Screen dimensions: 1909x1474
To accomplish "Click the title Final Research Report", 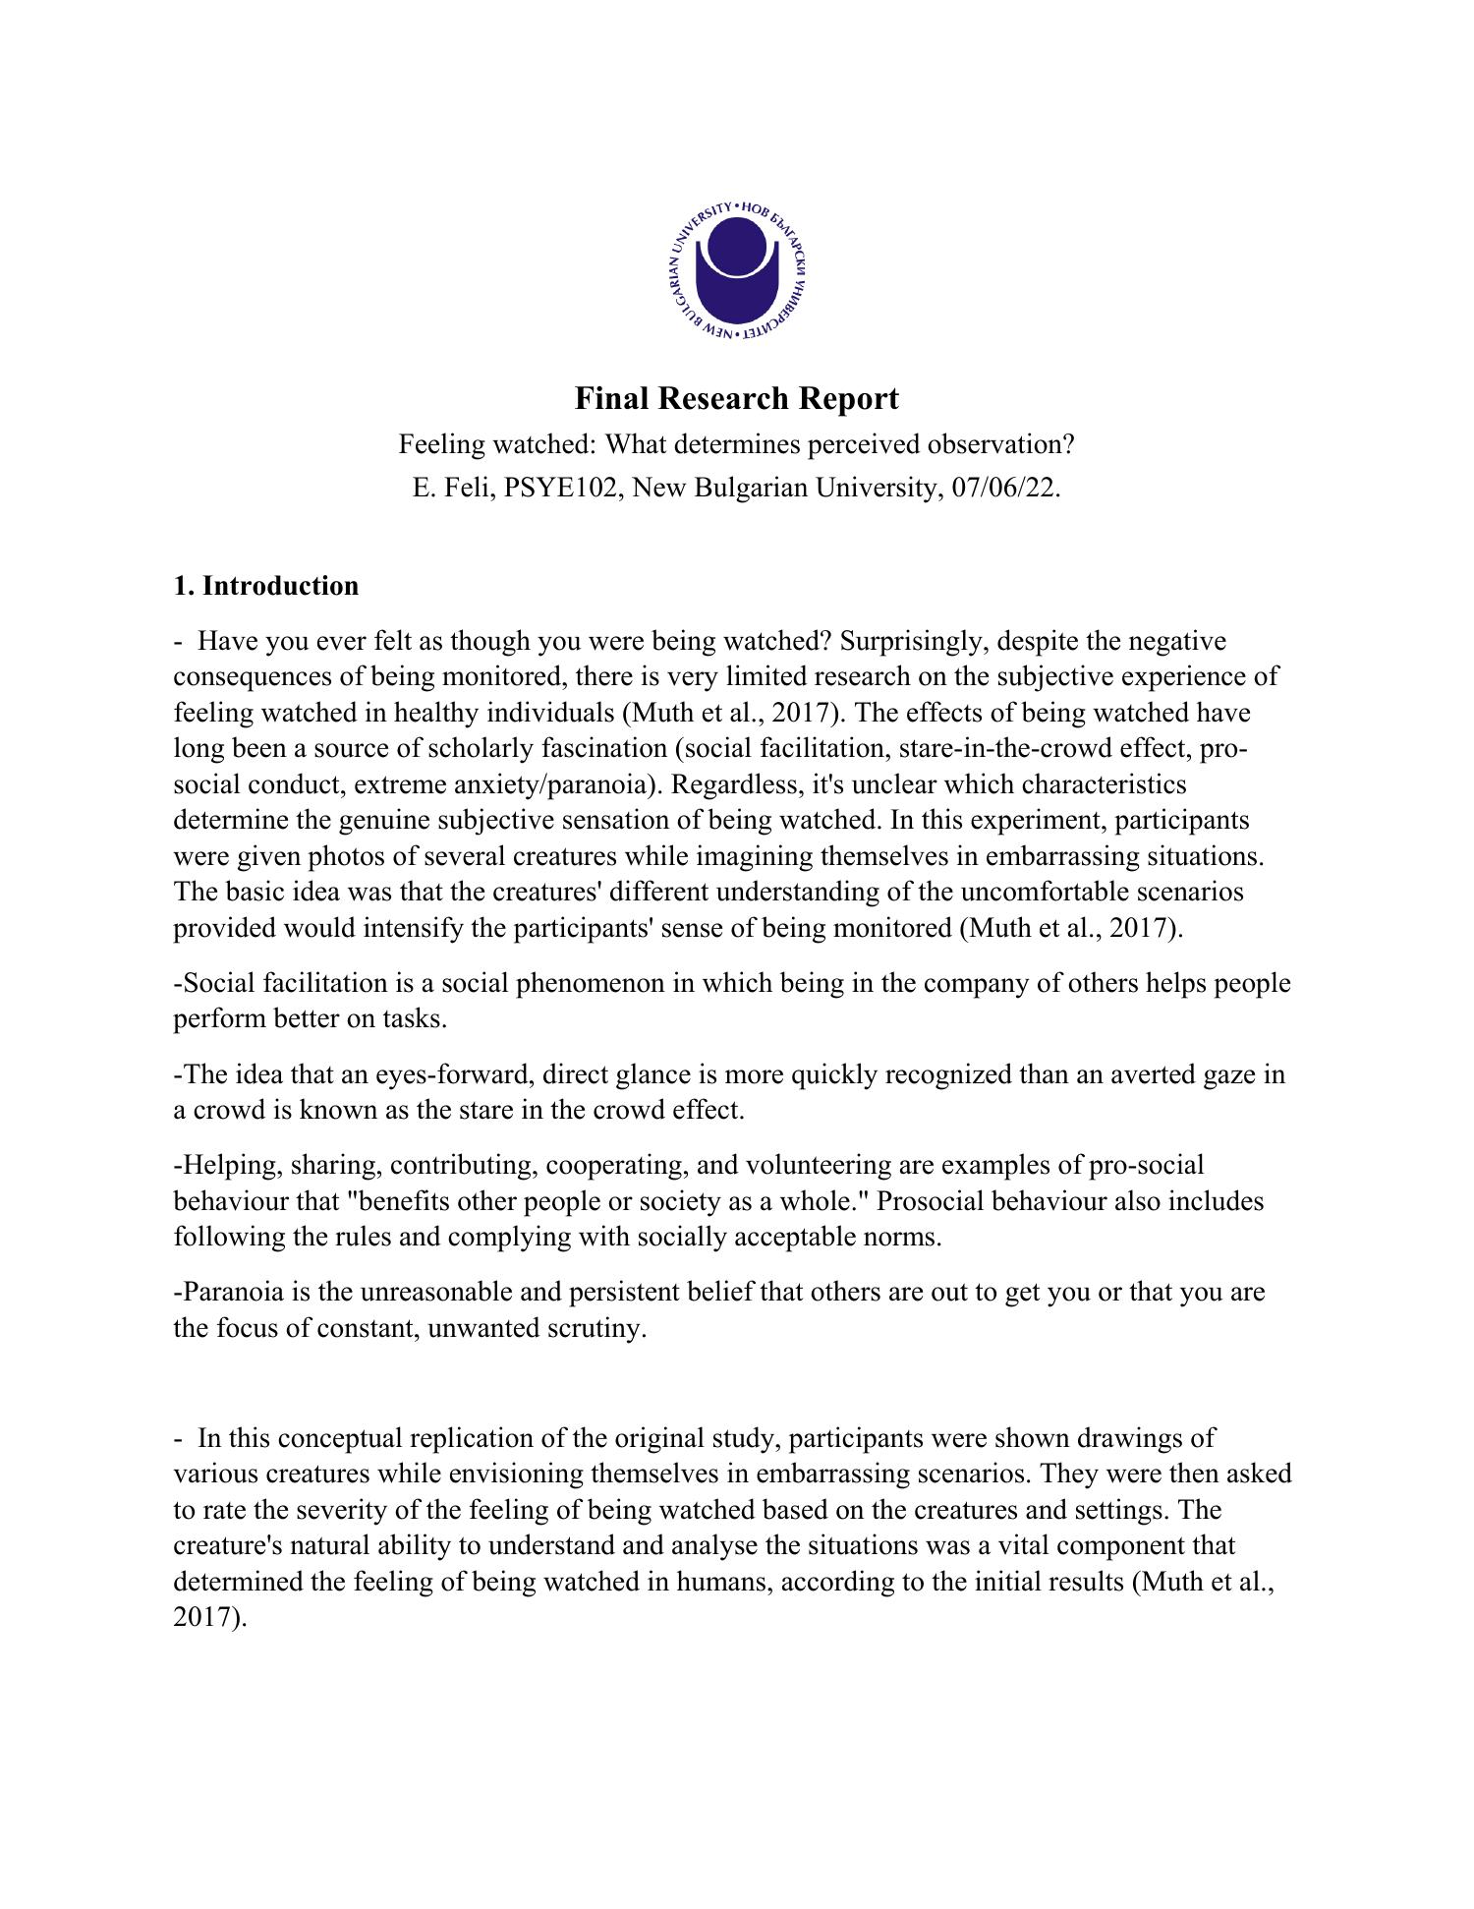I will tap(736, 398).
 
